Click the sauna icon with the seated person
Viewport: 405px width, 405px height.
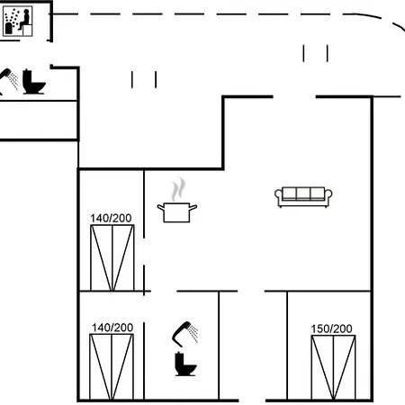(x=17, y=22)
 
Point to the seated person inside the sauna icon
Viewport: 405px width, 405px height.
(x=25, y=19)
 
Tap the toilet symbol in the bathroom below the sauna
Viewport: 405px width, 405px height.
(x=34, y=82)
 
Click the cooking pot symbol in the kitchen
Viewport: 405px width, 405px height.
(x=177, y=212)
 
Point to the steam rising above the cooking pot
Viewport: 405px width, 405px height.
(x=178, y=189)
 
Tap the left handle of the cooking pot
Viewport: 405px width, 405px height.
(x=161, y=207)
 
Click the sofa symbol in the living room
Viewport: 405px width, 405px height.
(x=303, y=197)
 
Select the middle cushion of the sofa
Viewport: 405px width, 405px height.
(x=303, y=193)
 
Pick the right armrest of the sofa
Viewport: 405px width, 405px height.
(x=328, y=194)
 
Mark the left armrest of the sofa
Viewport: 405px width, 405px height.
(x=278, y=194)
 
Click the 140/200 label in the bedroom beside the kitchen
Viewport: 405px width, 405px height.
(x=111, y=218)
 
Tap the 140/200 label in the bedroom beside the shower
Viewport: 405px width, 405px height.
(x=112, y=328)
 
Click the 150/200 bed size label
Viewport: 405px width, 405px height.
(x=331, y=328)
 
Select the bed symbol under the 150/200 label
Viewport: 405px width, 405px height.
(x=333, y=367)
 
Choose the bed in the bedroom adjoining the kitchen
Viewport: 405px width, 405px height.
(x=112, y=257)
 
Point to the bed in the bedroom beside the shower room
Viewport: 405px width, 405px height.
(x=112, y=367)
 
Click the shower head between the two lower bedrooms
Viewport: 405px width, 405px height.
(x=184, y=334)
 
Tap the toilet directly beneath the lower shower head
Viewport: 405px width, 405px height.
(x=185, y=364)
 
